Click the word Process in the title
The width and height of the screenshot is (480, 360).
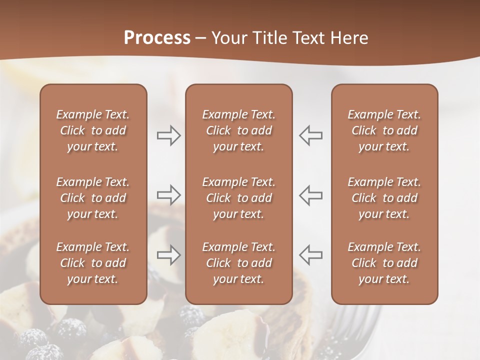click(157, 38)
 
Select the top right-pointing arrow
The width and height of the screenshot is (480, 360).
click(168, 135)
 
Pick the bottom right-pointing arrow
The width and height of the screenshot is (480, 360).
click(168, 255)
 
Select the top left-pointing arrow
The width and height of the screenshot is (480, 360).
click(311, 135)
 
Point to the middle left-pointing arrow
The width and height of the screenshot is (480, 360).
click(311, 194)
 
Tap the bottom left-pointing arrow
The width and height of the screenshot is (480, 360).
click(311, 254)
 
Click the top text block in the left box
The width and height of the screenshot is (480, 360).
click(93, 130)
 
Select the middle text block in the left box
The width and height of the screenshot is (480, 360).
click(93, 198)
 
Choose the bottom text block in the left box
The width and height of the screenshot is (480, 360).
click(93, 263)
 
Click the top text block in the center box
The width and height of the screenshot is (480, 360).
click(239, 130)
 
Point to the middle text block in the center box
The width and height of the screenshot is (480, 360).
click(239, 198)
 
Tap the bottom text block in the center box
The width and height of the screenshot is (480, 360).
click(239, 263)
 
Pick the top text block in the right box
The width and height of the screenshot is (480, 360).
click(384, 130)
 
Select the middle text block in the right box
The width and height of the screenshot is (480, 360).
click(384, 198)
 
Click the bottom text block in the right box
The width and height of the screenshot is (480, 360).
click(384, 263)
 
